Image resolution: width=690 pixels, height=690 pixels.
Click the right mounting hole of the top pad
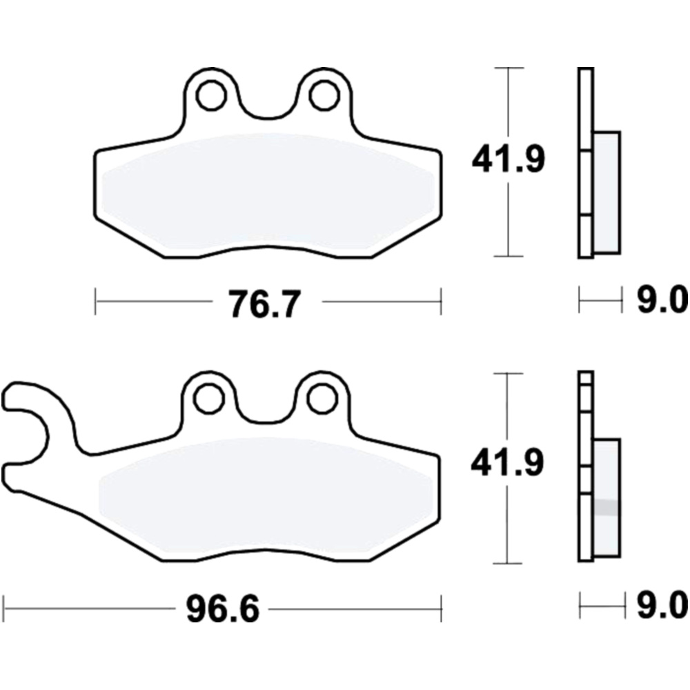324,95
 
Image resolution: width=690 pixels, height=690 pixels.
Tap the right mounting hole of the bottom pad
322,399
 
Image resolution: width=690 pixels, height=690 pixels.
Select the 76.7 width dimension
266,303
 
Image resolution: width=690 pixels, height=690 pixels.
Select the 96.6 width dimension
223,609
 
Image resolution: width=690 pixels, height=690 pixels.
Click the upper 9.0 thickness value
662,299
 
